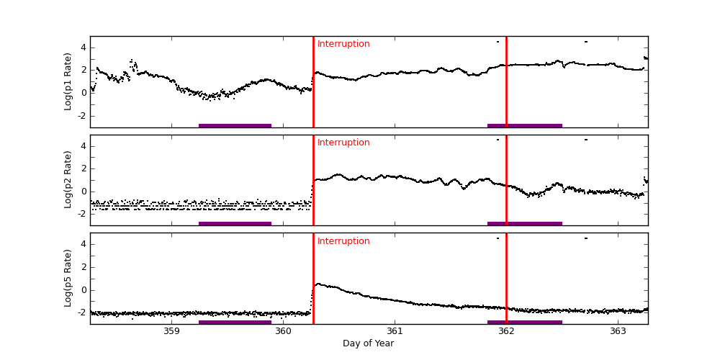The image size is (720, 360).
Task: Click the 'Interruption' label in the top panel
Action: click(x=343, y=44)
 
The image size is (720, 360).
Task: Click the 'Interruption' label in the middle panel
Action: click(x=343, y=143)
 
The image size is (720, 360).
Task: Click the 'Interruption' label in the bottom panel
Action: click(x=343, y=241)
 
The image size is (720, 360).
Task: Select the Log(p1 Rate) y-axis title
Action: click(x=68, y=81)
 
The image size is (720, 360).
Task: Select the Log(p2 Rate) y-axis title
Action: click(x=68, y=180)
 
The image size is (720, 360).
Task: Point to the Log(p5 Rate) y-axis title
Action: click(x=68, y=278)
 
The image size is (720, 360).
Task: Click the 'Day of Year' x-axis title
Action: click(x=368, y=343)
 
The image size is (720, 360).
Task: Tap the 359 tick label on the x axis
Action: click(x=171, y=331)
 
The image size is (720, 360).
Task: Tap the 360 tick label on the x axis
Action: click(x=283, y=331)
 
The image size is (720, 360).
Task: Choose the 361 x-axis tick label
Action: click(x=395, y=331)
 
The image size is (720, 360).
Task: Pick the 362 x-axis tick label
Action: click(x=506, y=331)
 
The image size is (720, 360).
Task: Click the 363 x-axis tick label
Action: click(x=618, y=331)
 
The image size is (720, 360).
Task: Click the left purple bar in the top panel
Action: click(x=235, y=125)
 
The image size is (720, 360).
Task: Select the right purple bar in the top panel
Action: click(x=524, y=125)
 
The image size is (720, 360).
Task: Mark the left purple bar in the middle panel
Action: click(x=235, y=223)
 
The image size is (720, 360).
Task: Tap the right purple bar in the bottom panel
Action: click(x=524, y=322)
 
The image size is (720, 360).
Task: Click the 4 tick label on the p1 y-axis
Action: click(x=83, y=48)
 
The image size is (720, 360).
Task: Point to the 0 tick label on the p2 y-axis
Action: click(x=83, y=191)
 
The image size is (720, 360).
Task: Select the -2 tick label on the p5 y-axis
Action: click(x=81, y=312)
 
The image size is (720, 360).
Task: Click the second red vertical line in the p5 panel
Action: click(x=506, y=281)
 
